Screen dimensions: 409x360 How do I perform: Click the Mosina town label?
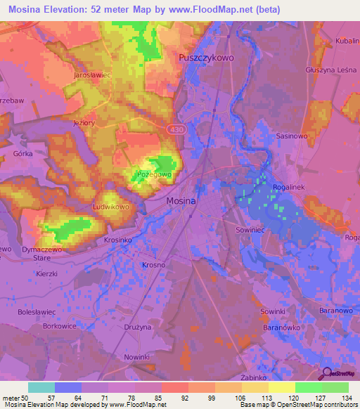(x=181, y=201)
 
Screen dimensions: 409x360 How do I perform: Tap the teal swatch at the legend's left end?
(x=41, y=387)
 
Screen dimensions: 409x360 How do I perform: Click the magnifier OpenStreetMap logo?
(x=327, y=374)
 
